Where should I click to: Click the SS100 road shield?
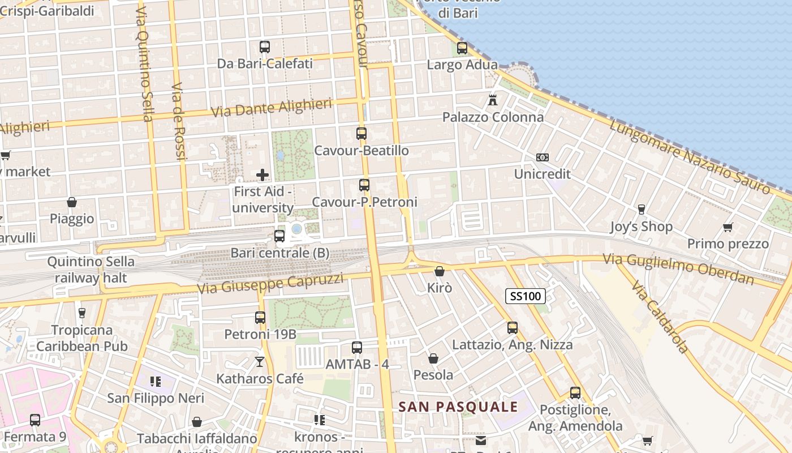point(526,296)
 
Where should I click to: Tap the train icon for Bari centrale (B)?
point(279,236)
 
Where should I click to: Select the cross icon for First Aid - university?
point(262,175)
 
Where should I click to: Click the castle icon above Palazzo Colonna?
point(493,100)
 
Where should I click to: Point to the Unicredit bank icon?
point(542,157)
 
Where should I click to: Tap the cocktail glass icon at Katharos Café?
point(260,361)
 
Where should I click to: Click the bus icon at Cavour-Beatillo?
point(361,134)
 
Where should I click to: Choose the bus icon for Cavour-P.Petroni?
point(364,185)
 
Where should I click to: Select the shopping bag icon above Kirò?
point(440,271)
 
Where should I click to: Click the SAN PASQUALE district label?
point(458,407)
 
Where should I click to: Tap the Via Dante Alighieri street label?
point(271,108)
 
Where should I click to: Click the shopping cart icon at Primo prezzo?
point(728,228)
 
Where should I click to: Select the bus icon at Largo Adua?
point(462,48)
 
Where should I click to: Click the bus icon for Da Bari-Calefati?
point(265,47)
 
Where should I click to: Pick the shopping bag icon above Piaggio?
point(72,202)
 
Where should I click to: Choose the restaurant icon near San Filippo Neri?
point(156,382)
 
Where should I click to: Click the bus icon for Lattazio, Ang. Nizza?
point(513,328)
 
